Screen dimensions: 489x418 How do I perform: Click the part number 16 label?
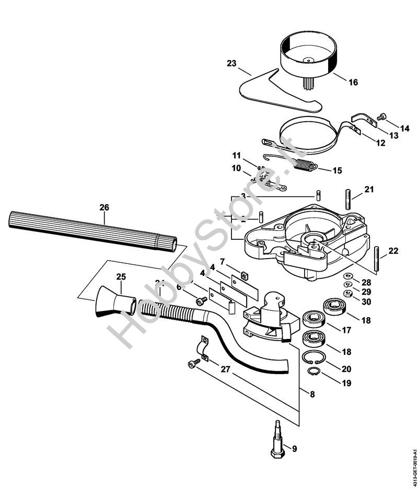353,82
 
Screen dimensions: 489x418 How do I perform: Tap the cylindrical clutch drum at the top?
309,55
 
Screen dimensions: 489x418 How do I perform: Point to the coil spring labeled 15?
305,166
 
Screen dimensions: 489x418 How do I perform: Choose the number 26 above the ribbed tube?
104,207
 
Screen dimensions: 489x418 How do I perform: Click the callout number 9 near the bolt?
294,448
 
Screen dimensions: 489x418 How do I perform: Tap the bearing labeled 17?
315,319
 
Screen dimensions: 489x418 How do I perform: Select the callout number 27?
225,369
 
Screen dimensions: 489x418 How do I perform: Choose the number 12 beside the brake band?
380,143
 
